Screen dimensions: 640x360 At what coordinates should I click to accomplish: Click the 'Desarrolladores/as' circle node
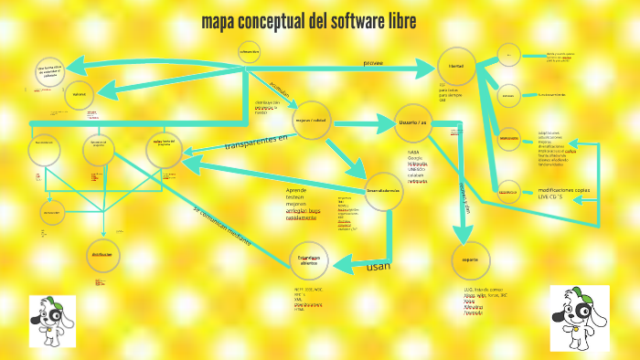tap(383, 190)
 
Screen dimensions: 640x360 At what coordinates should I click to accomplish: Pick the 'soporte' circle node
tap(470, 259)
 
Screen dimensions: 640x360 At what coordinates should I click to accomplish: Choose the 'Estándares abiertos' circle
tap(308, 260)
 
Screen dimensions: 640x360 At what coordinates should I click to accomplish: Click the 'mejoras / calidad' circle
tap(310, 120)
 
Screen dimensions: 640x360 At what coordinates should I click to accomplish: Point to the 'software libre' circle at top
tap(250, 53)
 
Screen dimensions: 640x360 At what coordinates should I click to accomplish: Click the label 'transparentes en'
tap(255, 143)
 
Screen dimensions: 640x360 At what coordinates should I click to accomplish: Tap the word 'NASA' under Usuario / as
tap(413, 153)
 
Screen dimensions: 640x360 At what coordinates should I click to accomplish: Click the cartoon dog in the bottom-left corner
tap(46, 320)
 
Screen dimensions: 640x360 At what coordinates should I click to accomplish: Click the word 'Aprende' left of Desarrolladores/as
tap(297, 190)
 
